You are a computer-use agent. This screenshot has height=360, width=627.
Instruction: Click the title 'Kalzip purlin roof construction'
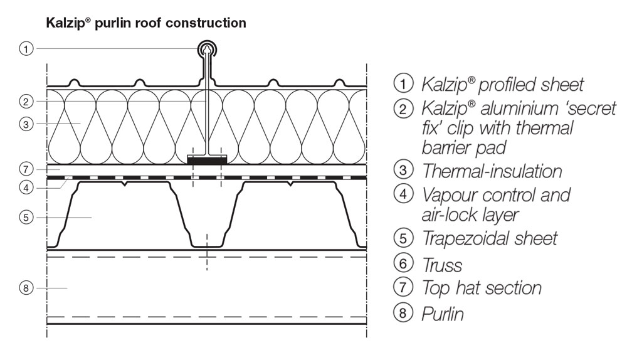click(145, 24)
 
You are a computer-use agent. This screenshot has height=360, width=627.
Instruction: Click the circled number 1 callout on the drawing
click(25, 49)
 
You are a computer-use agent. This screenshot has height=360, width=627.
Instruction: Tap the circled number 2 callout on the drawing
click(25, 100)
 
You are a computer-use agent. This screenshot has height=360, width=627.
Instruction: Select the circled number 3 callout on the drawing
click(25, 124)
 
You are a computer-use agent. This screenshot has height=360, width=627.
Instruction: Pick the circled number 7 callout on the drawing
click(25, 169)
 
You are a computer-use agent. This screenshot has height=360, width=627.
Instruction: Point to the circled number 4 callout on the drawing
click(25, 187)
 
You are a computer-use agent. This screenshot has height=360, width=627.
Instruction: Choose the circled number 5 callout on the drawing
click(25, 218)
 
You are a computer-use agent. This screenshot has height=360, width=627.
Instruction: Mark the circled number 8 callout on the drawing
click(25, 288)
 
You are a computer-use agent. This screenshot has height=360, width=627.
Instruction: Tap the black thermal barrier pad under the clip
click(206, 161)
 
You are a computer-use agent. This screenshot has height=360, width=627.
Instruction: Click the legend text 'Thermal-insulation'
click(492, 170)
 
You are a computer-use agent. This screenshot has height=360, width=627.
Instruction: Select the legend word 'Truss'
click(443, 265)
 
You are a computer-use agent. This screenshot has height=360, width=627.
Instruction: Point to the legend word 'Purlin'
click(443, 313)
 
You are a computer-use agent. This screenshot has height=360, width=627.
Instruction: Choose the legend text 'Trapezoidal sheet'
click(489, 238)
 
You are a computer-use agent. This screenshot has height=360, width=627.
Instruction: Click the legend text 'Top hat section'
click(482, 289)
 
